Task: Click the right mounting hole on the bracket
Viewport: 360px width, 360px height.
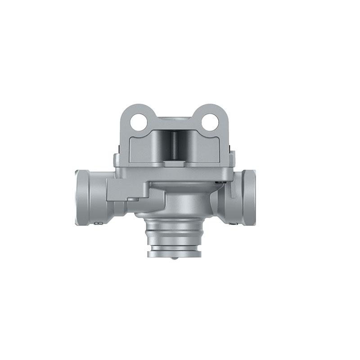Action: [209, 121]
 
